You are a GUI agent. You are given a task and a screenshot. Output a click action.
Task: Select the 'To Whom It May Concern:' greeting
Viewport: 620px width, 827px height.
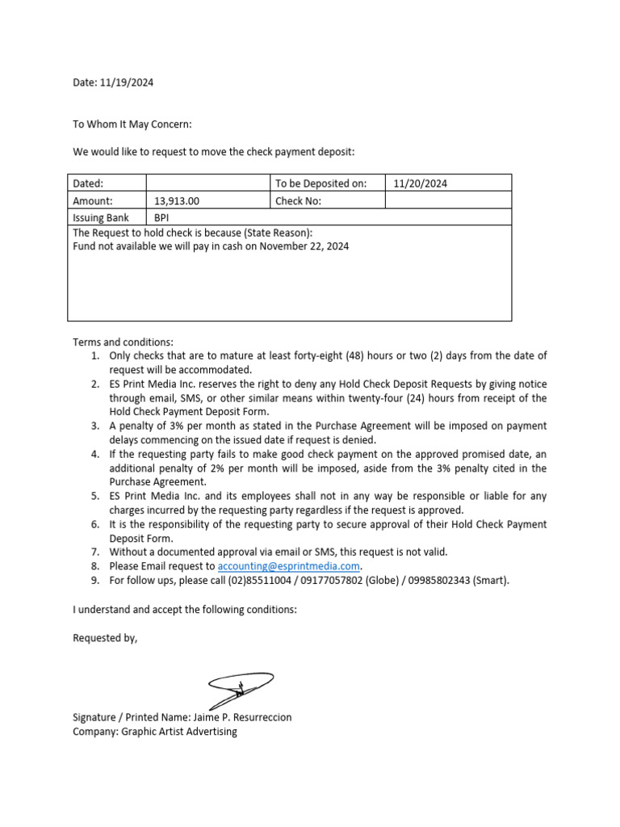132,124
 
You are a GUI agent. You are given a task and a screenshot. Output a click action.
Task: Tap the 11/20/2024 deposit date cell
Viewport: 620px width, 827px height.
420,183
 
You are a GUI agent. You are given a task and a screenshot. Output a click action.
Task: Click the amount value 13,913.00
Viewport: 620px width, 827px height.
177,201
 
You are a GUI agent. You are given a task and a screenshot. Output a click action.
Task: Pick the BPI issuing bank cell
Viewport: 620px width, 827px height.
161,218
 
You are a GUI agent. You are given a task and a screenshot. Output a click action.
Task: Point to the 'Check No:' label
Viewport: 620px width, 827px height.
298,201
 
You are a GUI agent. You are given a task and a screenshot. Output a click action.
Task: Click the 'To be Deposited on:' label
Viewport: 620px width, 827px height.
320,183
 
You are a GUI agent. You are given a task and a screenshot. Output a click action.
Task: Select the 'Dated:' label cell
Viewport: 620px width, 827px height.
88,183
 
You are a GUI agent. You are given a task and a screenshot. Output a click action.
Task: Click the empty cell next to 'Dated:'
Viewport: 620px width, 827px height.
207,183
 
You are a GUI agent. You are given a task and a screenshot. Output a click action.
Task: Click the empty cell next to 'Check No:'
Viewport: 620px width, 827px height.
448,201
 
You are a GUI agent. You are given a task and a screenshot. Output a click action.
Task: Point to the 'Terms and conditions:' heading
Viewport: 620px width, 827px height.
123,342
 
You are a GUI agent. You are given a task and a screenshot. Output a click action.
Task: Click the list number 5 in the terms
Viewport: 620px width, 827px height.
94,496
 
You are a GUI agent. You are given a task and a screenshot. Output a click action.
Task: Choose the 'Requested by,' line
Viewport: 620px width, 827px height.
105,638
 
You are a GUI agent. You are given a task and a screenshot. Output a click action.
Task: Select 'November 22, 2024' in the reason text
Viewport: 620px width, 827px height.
304,246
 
